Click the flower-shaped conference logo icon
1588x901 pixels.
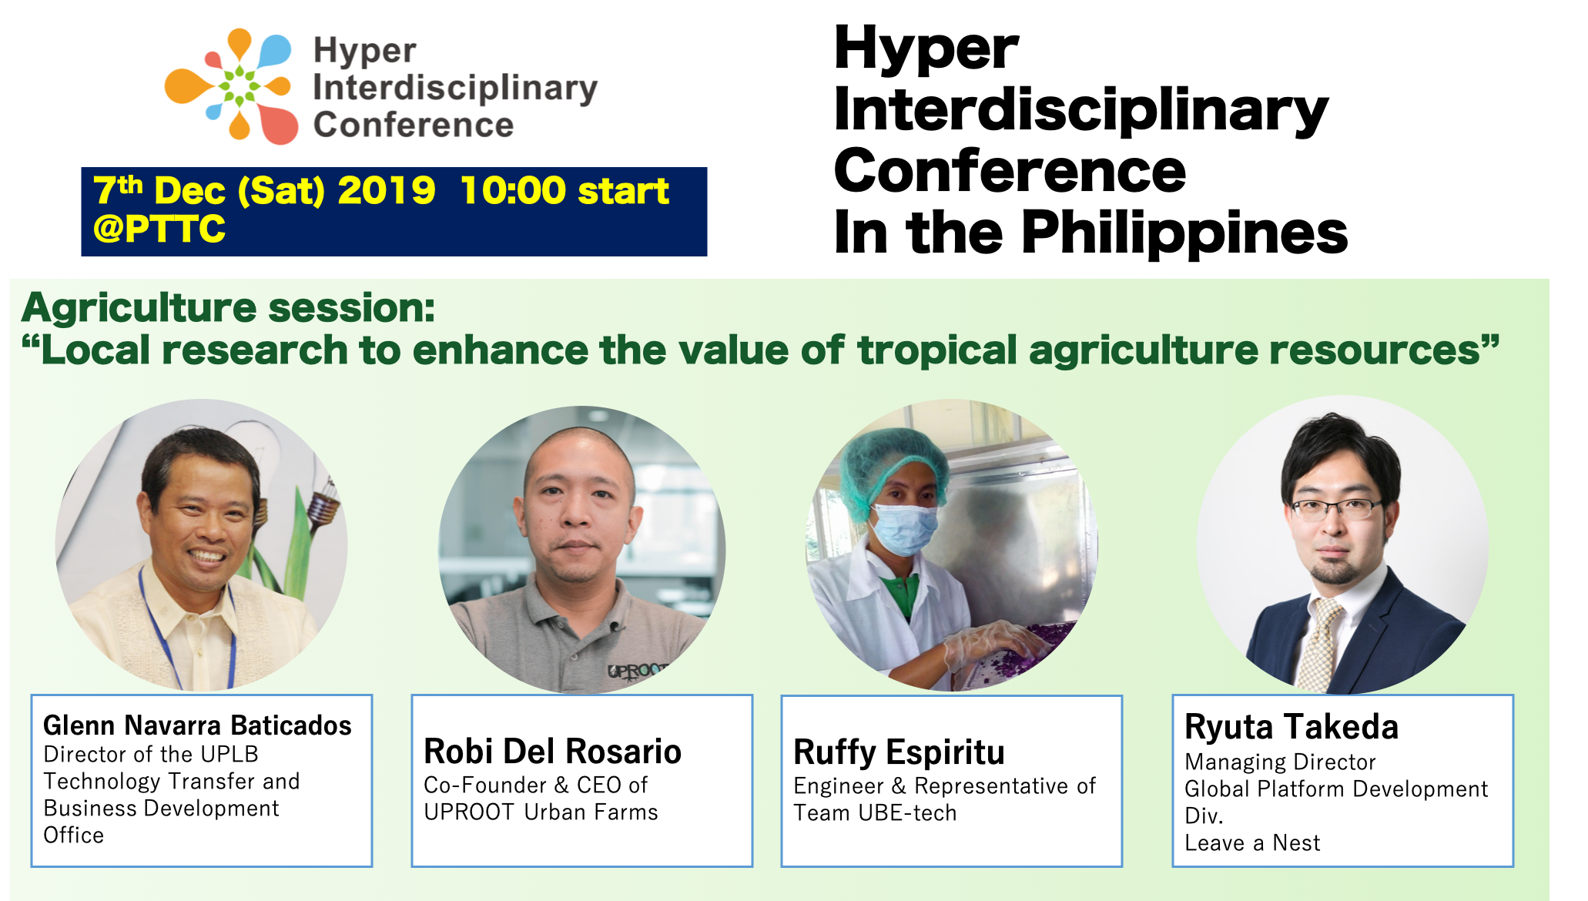231,86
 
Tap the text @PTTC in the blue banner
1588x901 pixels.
159,229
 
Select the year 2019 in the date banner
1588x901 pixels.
387,190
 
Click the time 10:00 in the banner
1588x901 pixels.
512,190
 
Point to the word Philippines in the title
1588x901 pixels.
1184,233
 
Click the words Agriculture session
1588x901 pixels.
229,308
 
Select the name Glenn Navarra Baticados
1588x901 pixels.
197,725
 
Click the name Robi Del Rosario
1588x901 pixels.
553,752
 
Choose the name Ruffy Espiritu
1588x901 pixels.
899,752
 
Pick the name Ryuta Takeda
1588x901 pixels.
1292,727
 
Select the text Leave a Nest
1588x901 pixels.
1252,843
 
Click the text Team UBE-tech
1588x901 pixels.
875,813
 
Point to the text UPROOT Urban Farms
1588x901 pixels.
541,812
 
